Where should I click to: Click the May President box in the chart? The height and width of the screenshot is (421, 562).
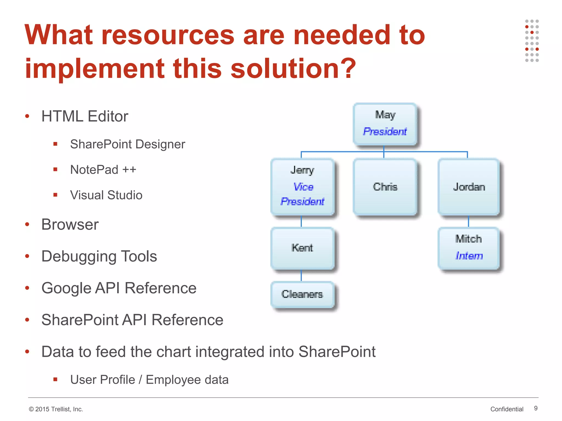[x=385, y=124]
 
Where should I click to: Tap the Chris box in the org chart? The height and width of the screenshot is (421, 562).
[x=385, y=187]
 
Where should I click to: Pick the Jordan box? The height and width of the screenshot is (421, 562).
[x=468, y=187]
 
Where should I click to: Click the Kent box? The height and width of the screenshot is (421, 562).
[x=302, y=248]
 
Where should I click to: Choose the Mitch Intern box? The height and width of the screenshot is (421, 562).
[x=468, y=248]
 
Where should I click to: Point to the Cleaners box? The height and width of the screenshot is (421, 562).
[x=302, y=294]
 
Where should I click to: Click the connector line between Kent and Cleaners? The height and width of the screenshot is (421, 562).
[x=301, y=275]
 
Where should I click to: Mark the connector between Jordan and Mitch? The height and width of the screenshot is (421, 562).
[x=468, y=221]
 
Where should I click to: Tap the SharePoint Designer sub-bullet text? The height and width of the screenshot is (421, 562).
[x=128, y=144]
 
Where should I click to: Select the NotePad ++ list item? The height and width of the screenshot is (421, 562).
[x=103, y=170]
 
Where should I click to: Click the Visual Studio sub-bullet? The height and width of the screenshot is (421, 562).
[x=106, y=195]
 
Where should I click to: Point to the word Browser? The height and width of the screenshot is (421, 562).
[x=70, y=224]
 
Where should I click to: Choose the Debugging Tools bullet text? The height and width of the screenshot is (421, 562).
[x=99, y=256]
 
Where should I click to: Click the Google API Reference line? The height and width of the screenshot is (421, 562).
[x=119, y=288]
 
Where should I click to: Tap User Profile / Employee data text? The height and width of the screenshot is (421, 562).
[x=149, y=380]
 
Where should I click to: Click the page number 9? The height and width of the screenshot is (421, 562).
[x=536, y=408]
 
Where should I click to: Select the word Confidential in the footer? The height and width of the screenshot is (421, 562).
[x=507, y=409]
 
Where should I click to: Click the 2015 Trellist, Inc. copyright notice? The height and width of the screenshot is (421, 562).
[x=56, y=409]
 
